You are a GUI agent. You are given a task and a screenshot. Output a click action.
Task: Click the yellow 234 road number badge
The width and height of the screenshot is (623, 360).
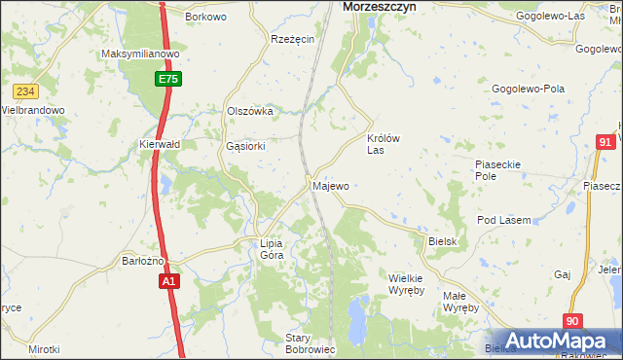pyautogui.click(x=25, y=91)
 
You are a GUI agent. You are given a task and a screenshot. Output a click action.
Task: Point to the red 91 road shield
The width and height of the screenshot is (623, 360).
pyautogui.click(x=605, y=143)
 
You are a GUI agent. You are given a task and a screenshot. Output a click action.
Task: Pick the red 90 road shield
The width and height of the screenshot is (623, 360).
pyautogui.click(x=573, y=321)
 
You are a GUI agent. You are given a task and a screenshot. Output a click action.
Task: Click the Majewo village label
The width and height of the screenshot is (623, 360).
pyautogui.click(x=330, y=185)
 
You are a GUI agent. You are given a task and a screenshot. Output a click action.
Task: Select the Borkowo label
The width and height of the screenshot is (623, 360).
pyautogui.click(x=205, y=18)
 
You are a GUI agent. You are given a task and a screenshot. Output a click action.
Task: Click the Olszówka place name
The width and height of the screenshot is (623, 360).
pyautogui.click(x=249, y=112)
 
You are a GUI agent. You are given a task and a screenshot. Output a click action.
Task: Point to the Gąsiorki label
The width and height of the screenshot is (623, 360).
pyautogui.click(x=245, y=146)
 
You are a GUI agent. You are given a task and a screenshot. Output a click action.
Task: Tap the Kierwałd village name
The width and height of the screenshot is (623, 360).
pyautogui.click(x=160, y=144)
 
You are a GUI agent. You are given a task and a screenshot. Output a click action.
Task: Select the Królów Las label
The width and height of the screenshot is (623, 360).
pyautogui.click(x=383, y=144)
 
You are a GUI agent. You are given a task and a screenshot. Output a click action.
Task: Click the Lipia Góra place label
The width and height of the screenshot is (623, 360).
pyautogui.click(x=271, y=249)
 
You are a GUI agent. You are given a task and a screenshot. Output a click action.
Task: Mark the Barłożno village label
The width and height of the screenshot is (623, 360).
pyautogui.click(x=142, y=261)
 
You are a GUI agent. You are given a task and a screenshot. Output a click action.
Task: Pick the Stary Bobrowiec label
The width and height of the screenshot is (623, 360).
pyautogui.click(x=311, y=343)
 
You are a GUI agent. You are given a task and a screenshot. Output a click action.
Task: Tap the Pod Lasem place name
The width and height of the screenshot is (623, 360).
pyautogui.click(x=503, y=221)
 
